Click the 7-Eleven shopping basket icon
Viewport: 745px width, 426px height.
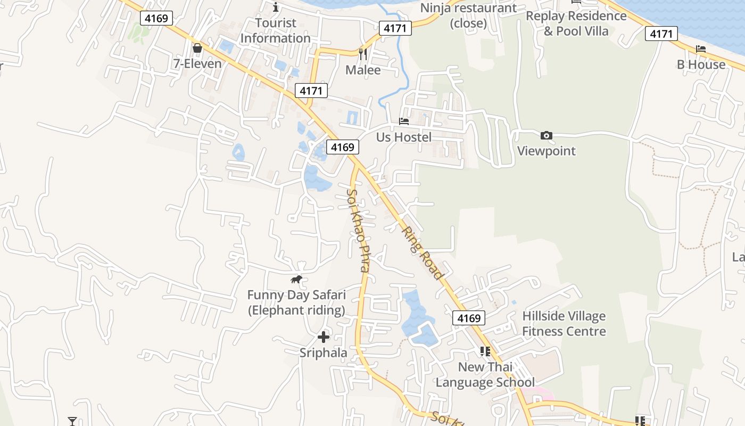click(x=197, y=48)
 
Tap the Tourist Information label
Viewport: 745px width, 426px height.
click(x=275, y=30)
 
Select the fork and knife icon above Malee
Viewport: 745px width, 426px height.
click(x=363, y=54)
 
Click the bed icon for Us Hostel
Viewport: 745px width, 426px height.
click(x=404, y=121)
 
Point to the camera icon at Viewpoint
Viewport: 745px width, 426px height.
click(x=546, y=136)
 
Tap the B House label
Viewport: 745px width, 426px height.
click(x=701, y=64)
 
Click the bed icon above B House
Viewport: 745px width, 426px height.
click(x=701, y=49)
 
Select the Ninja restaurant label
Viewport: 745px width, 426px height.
click(x=468, y=15)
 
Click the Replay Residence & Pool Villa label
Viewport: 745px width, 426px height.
click(x=576, y=23)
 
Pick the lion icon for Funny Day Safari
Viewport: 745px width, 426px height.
click(x=296, y=279)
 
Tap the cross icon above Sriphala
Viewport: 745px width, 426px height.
click(x=323, y=337)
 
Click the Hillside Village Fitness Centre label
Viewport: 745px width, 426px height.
click(x=564, y=324)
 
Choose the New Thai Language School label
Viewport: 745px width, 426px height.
click(x=485, y=374)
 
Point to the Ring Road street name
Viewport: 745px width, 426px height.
click(x=422, y=253)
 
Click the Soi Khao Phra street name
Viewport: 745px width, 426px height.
click(x=358, y=230)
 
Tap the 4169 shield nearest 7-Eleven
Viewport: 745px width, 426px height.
click(x=156, y=18)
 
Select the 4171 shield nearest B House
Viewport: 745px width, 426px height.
click(x=661, y=34)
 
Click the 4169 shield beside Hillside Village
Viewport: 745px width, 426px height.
click(x=469, y=318)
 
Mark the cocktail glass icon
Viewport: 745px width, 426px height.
click(x=72, y=421)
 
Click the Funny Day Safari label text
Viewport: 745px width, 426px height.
click(x=296, y=302)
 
